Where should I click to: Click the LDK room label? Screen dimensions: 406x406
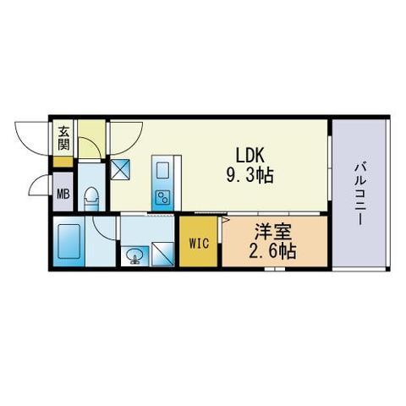click(250, 156)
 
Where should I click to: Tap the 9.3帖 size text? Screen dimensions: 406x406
click(250, 176)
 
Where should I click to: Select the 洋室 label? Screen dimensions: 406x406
click(272, 232)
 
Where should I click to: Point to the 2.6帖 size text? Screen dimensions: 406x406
click(272, 251)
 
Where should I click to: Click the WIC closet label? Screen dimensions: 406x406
click(199, 244)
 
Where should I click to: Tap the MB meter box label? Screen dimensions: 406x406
click(63, 194)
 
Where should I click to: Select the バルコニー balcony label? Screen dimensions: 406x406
click(359, 194)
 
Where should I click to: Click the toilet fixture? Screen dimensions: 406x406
click(91, 199)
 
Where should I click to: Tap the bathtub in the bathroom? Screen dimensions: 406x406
click(69, 241)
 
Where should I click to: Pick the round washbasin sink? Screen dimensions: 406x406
click(134, 256)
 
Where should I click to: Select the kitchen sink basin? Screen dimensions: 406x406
click(162, 170)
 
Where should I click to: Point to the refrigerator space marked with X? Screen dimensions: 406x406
click(120, 169)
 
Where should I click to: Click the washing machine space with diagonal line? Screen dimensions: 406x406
click(162, 254)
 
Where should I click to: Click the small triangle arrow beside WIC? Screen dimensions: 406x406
click(226, 220)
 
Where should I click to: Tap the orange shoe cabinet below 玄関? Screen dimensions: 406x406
click(63, 162)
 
